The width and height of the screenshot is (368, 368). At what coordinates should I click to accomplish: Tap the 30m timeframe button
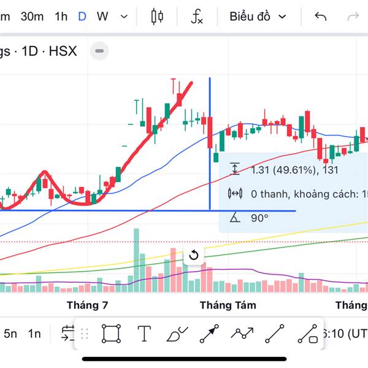(x=32, y=17)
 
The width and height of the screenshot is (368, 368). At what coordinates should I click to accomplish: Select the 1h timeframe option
(x=61, y=17)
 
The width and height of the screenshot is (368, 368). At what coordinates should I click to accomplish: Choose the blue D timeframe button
(x=82, y=17)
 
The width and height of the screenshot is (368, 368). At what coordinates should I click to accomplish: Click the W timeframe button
(x=102, y=17)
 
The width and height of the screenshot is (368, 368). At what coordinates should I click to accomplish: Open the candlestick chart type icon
(x=157, y=17)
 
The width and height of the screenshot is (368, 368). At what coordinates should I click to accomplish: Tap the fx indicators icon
(x=196, y=17)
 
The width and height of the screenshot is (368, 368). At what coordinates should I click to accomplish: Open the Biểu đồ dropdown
(x=258, y=17)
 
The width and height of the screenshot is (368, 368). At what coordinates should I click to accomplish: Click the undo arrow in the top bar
(x=320, y=17)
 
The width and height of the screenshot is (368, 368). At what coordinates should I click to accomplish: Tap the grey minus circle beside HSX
(x=100, y=51)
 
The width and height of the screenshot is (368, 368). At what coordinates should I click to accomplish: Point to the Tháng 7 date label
(x=87, y=305)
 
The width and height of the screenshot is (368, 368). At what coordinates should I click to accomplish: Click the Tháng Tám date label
(x=228, y=305)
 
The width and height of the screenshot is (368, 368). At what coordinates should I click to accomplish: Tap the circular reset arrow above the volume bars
(x=194, y=255)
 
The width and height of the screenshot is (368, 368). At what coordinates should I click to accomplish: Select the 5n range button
(x=10, y=334)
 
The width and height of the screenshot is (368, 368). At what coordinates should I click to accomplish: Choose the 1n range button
(x=34, y=334)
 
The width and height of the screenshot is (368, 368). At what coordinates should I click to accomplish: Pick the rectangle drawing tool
(x=111, y=334)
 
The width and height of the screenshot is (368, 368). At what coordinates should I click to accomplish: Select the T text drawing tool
(x=144, y=334)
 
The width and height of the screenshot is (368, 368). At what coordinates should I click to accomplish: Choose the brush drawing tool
(x=177, y=334)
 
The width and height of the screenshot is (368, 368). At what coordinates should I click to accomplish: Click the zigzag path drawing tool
(x=242, y=334)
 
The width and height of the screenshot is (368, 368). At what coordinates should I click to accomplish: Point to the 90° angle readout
(x=260, y=218)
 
